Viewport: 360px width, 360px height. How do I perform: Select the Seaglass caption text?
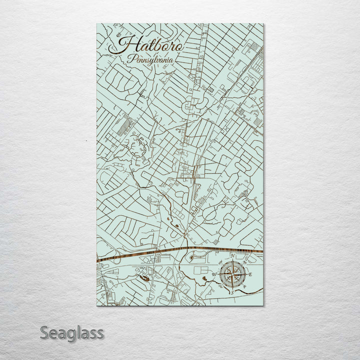click(x=72, y=332)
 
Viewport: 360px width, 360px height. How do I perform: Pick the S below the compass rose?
click(x=231, y=292)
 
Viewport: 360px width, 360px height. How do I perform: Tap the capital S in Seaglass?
click(x=44, y=332)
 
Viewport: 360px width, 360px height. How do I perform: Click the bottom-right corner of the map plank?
click(x=263, y=304)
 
